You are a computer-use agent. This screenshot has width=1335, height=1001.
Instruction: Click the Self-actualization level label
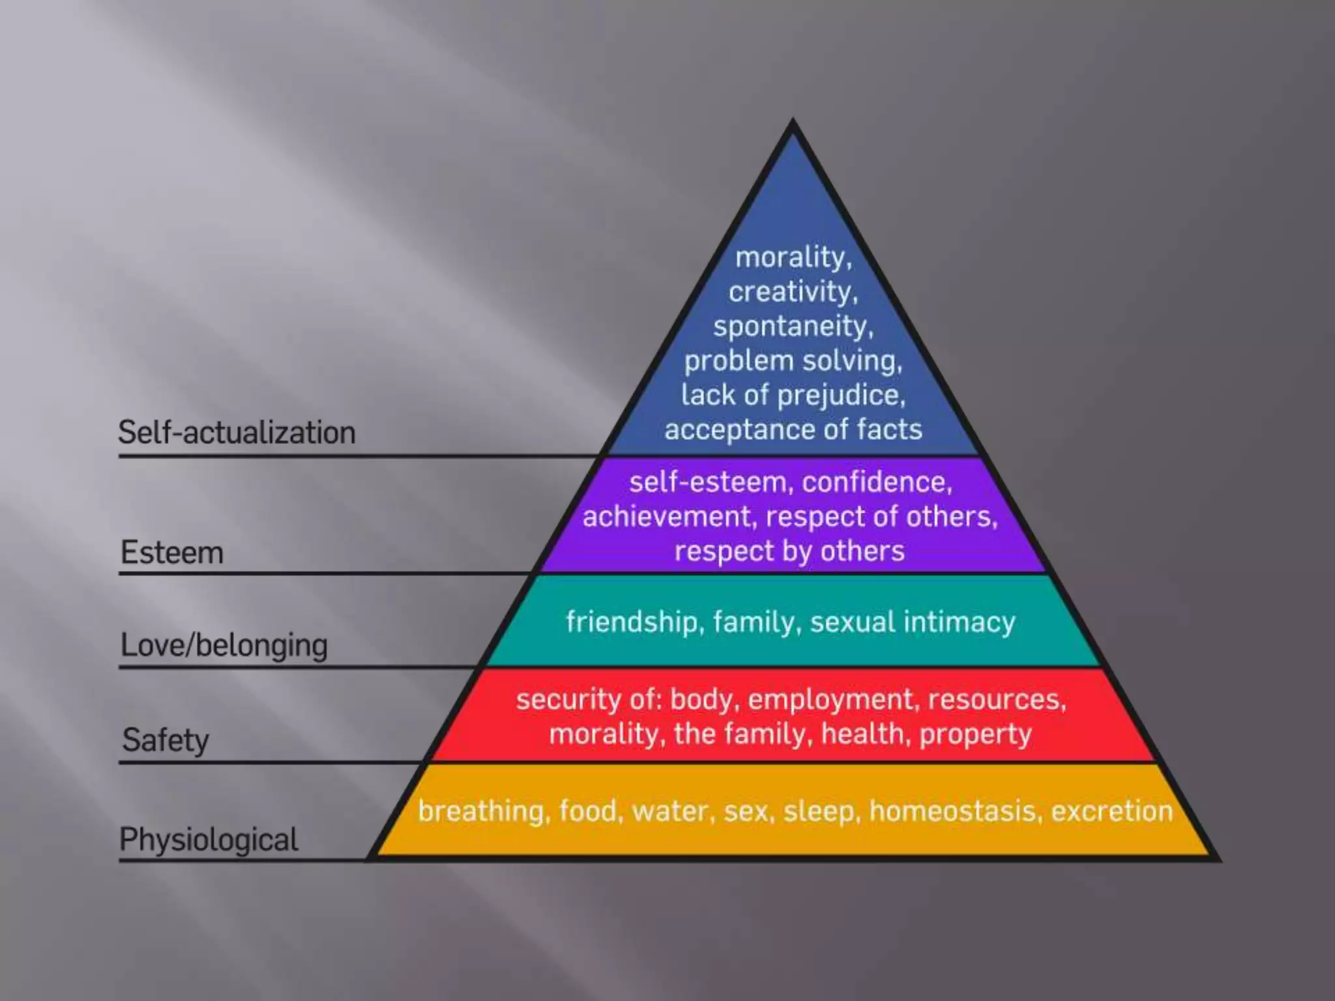pyautogui.click(x=237, y=433)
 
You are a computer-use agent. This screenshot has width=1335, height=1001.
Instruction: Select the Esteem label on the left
pyautogui.click(x=172, y=553)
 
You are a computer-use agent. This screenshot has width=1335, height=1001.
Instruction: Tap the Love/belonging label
pyautogui.click(x=224, y=646)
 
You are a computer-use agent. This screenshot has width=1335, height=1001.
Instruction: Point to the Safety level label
pyautogui.click(x=166, y=740)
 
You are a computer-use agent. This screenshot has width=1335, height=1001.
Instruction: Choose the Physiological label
pyautogui.click(x=209, y=839)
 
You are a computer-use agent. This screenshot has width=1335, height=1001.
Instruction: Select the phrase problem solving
pyautogui.click(x=793, y=361)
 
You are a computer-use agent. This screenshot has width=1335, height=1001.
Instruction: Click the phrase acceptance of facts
pyautogui.click(x=793, y=430)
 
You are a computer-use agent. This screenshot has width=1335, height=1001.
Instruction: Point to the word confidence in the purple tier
pyautogui.click(x=876, y=482)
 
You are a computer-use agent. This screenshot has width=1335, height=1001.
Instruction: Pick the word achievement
pyautogui.click(x=669, y=517)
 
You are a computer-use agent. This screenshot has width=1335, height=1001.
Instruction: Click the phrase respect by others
pyautogui.click(x=789, y=551)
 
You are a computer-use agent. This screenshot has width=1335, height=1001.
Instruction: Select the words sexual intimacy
pyautogui.click(x=912, y=622)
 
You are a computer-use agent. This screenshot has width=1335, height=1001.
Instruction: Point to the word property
pyautogui.click(x=975, y=734)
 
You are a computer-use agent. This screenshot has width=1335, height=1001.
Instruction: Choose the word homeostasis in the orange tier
pyautogui.click(x=955, y=811)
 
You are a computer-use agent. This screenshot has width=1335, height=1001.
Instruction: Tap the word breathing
pyautogui.click(x=480, y=811)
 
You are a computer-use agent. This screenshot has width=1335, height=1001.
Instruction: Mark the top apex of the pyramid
pyautogui.click(x=793, y=121)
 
